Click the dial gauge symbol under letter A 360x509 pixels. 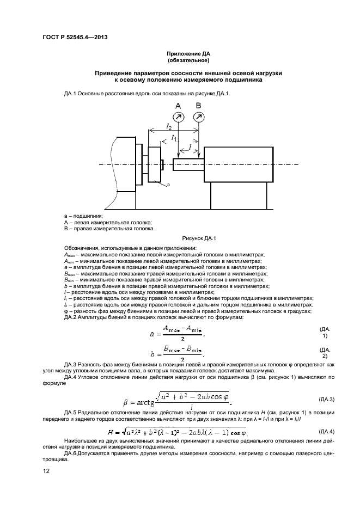click(178, 116)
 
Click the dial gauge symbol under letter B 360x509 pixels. click(199, 116)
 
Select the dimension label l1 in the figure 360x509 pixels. click(174, 139)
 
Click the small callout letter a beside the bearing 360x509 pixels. click(168, 185)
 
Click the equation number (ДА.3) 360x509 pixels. click(325, 400)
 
